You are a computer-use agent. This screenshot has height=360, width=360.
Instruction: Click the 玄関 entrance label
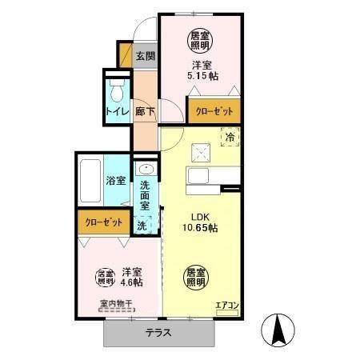tap(145, 57)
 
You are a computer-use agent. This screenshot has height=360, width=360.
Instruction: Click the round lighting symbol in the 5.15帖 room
tap(200, 38)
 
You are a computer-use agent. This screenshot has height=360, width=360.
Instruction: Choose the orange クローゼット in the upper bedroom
tap(214, 111)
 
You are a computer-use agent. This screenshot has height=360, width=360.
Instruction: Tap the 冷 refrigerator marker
tap(230, 137)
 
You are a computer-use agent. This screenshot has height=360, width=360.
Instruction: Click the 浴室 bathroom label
tap(115, 180)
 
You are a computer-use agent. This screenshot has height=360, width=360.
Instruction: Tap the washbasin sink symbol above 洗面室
tap(145, 169)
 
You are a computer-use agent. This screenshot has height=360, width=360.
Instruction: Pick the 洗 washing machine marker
tap(142, 226)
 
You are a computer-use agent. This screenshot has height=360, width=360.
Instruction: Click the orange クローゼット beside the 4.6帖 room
tap(102, 222)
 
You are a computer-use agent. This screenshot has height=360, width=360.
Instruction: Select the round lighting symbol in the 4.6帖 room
tap(106, 277)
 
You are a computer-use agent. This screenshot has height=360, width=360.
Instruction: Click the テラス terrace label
tap(159, 334)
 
